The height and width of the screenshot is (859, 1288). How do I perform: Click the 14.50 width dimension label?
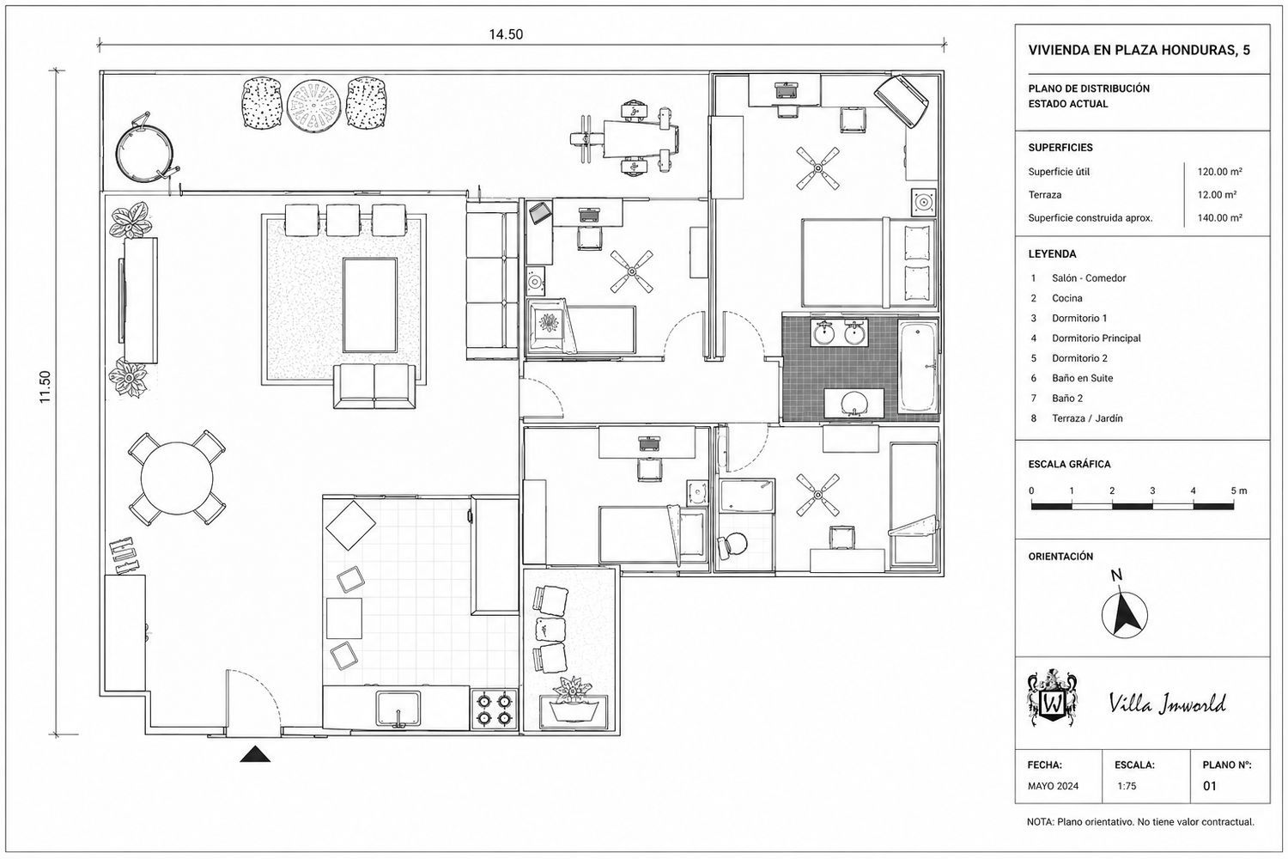[506, 34]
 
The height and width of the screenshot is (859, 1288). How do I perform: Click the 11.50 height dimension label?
[45, 387]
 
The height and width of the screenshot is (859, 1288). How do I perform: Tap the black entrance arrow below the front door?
[255, 753]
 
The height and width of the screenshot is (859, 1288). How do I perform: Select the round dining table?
[177, 478]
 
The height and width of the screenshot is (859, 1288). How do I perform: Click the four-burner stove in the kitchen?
[495, 710]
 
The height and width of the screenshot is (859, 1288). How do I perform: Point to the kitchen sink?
[398, 709]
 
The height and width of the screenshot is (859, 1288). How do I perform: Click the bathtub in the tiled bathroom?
[918, 367]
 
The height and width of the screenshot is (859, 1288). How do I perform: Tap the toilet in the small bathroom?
[732, 545]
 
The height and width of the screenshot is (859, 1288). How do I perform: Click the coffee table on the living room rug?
[370, 305]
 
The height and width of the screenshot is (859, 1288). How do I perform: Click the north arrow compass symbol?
[1124, 614]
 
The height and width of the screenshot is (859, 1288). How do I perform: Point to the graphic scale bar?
[1133, 506]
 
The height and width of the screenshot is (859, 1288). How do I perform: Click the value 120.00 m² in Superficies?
[1219, 172]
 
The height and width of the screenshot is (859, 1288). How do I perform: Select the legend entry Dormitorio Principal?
[1096, 338]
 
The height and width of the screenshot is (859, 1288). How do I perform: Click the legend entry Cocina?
[1067, 298]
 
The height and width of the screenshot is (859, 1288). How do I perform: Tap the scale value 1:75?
[1127, 786]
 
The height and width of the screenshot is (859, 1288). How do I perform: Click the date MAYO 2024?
[1053, 786]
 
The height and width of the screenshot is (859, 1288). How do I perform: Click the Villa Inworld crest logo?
[1052, 698]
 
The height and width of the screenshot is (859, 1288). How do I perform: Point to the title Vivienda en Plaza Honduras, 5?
[1139, 50]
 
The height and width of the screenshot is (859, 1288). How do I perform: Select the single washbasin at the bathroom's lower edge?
[854, 403]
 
